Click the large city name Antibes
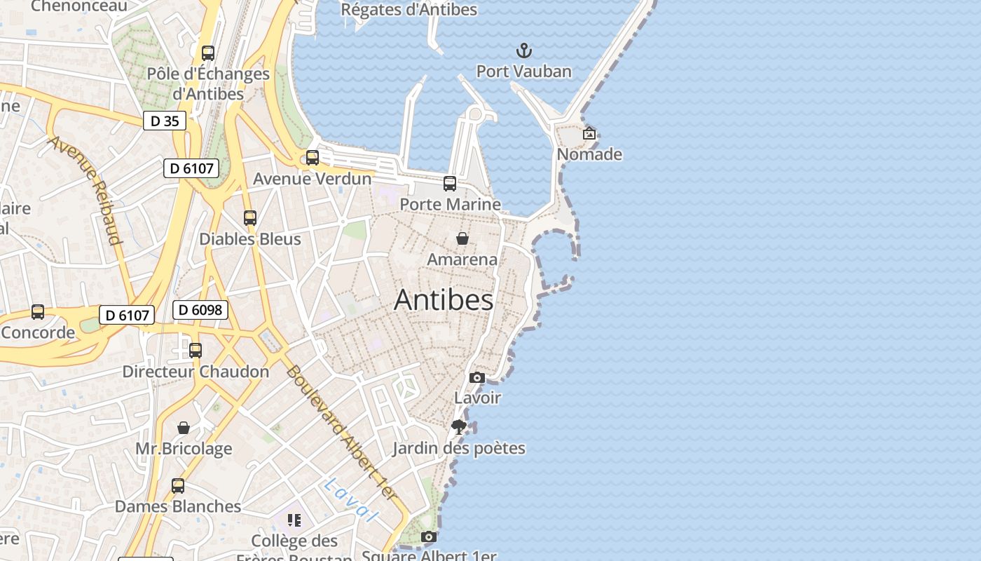click(x=444, y=300)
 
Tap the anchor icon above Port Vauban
click(x=523, y=50)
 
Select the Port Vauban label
click(x=523, y=72)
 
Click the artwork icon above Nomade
click(x=589, y=133)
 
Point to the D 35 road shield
click(x=165, y=121)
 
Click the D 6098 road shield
click(x=200, y=310)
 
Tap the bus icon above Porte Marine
click(x=450, y=184)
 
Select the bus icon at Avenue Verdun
click(x=313, y=158)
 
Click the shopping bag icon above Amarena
click(x=462, y=238)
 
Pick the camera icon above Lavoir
click(x=477, y=378)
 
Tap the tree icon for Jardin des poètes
click(x=459, y=427)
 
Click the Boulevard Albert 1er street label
click(x=341, y=433)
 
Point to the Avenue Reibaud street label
click(x=85, y=190)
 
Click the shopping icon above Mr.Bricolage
click(x=184, y=428)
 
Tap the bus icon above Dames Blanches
click(x=178, y=485)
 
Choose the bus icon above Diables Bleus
click(x=250, y=218)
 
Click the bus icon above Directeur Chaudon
click(x=195, y=350)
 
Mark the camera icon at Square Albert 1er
click(x=429, y=537)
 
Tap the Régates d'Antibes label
click(x=409, y=10)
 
